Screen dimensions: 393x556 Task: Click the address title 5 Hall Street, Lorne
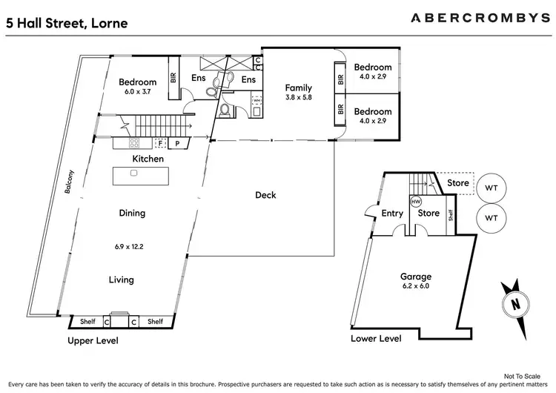(67, 23)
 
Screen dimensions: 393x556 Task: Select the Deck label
(265, 195)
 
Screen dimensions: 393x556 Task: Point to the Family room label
(299, 87)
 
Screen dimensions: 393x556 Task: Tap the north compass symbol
(514, 303)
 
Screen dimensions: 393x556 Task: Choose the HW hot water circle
(415, 201)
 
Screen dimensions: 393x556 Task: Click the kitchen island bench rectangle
(140, 175)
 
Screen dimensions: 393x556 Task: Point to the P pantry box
(178, 144)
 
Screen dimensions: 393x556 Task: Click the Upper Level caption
(92, 340)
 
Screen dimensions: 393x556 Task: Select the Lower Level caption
(376, 338)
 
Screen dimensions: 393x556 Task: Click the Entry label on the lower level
(392, 214)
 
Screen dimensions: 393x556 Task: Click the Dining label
(132, 213)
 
